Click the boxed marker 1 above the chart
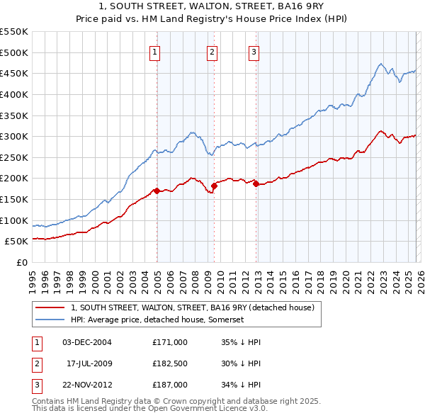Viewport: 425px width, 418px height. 154,50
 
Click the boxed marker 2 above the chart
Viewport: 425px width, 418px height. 212,50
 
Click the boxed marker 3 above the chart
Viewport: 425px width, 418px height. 254,50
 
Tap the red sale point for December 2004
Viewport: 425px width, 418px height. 157,190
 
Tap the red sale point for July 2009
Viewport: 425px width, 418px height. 214,186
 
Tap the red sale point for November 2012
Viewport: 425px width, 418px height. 256,183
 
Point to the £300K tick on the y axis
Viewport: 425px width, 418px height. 14,136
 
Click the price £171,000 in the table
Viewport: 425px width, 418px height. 170,342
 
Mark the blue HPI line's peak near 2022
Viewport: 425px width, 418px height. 380,64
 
